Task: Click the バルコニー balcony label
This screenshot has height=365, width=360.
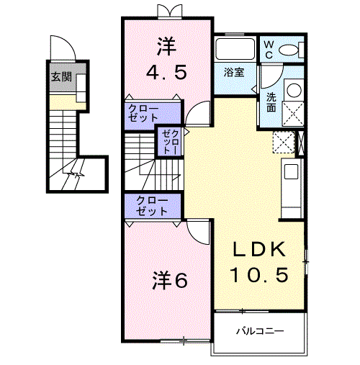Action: (261, 332)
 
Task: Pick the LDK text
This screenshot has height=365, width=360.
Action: (260, 250)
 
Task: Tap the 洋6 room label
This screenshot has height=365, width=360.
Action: (170, 280)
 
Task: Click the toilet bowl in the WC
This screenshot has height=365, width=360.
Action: (289, 50)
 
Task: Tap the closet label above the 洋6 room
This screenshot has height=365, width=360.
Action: (150, 207)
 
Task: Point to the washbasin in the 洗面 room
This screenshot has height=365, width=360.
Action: (294, 91)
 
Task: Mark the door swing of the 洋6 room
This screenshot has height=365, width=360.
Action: (199, 231)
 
